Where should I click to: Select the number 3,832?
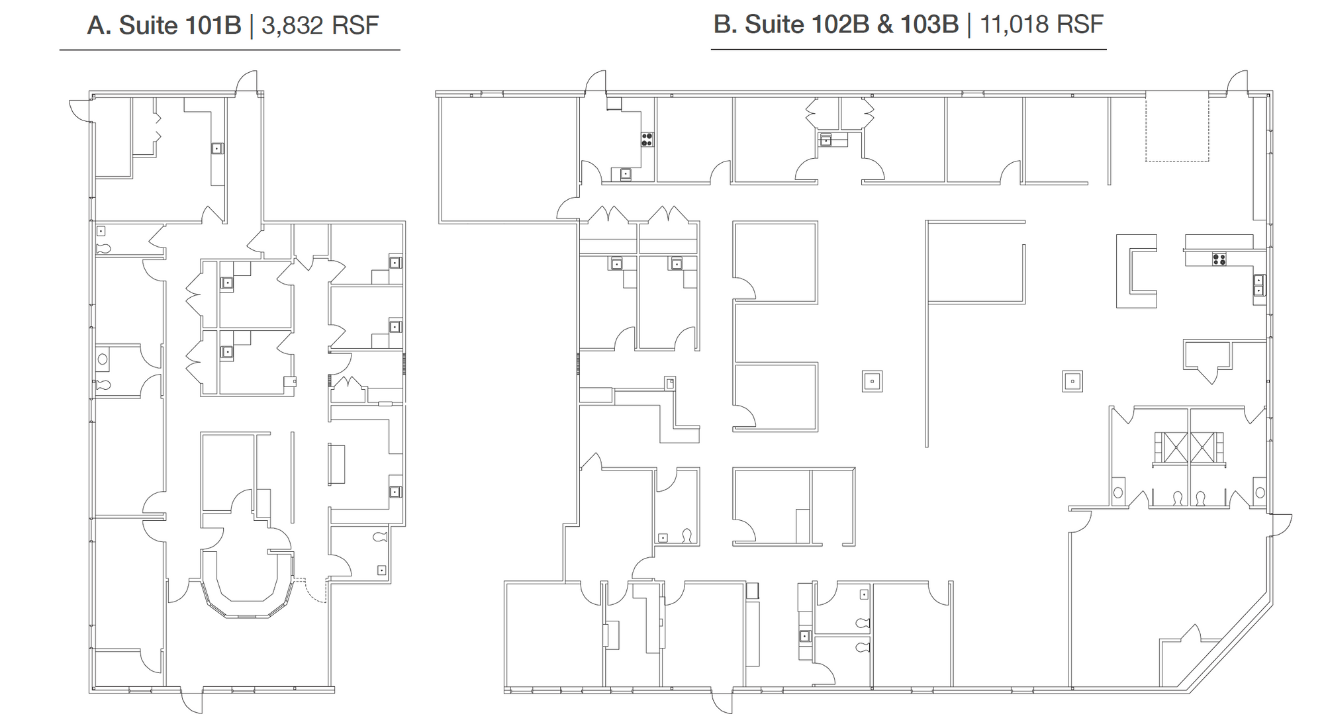(292, 26)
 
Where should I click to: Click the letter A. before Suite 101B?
(99, 25)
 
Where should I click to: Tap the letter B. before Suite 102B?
(725, 24)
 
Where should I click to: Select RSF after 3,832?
(355, 25)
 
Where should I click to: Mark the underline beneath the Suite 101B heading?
(230, 50)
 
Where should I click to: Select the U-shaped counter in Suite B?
(1136, 271)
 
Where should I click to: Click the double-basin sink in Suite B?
(1259, 285)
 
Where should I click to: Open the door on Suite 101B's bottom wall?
(191, 700)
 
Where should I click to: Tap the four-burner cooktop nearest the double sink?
(1219, 259)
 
